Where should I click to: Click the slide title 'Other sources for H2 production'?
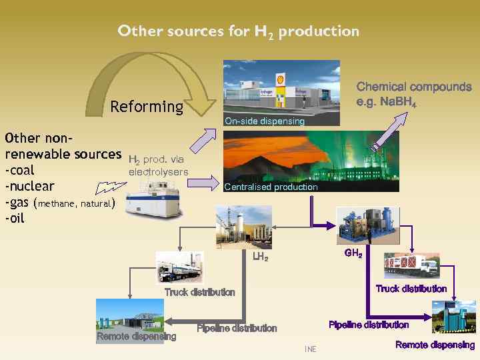238,31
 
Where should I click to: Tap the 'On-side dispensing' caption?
264,121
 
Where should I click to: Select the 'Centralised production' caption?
271,187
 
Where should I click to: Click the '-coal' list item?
20,170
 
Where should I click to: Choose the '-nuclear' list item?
29,185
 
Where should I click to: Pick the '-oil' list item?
15,217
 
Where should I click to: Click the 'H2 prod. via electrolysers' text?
158,166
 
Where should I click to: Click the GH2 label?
353,253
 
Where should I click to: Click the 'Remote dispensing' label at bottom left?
136,336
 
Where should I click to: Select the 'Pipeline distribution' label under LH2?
237,328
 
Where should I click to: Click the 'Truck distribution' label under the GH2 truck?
411,289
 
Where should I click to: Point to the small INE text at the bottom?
310,349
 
